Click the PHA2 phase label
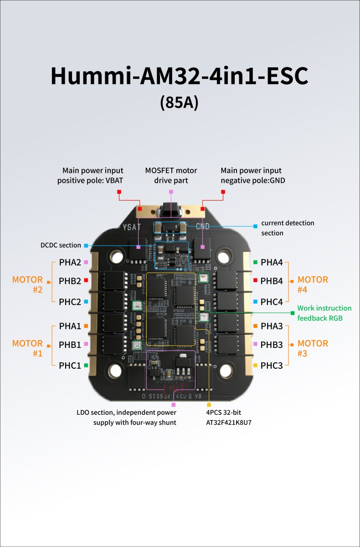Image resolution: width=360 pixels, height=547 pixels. (70, 263)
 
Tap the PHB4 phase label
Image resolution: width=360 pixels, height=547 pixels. (272, 281)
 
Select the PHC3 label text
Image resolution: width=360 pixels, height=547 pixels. (272, 365)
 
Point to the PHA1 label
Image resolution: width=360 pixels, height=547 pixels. (70, 326)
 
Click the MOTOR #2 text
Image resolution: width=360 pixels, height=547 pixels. (28, 284)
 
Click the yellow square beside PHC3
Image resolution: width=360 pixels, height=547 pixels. (255, 365)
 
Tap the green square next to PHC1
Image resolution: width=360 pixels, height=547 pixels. (86, 365)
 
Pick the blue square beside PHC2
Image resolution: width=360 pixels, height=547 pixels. (86, 302)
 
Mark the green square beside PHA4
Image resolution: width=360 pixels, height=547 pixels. (255, 263)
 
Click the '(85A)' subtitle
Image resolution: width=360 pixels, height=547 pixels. (180, 102)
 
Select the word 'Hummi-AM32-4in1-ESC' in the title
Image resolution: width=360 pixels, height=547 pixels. (180, 76)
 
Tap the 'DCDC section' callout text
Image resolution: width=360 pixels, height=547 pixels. (61, 245)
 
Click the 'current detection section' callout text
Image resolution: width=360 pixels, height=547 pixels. (288, 228)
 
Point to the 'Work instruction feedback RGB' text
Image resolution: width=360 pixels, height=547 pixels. (324, 313)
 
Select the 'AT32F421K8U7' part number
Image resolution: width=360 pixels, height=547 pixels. (229, 423)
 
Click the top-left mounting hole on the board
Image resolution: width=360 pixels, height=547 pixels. (116, 256)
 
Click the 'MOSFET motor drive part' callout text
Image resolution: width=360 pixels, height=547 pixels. (171, 175)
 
